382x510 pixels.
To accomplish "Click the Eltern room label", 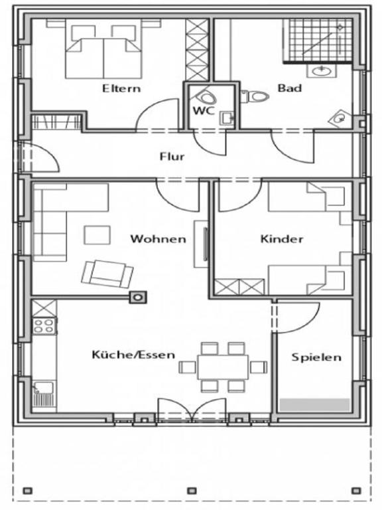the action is [121, 88].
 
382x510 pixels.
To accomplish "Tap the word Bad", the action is [290, 88].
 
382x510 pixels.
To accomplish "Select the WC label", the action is [204, 111].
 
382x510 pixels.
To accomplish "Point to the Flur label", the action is [172, 157].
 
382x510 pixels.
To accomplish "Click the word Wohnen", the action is [159, 239].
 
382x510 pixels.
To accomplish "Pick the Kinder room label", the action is [282, 239].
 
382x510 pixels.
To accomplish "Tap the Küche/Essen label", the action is [133, 354].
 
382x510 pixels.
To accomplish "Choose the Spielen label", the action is [316, 357].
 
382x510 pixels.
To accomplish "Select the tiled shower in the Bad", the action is [318, 41].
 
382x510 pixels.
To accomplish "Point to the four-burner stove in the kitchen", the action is [44, 325].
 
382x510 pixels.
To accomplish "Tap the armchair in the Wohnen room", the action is [107, 274].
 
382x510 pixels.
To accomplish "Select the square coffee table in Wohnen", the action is [97, 235].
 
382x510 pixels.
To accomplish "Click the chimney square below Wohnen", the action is [138, 297].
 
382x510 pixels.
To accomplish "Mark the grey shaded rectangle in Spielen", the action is [314, 404].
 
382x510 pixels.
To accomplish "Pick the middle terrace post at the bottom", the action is [192, 490].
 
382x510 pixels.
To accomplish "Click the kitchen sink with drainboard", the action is [44, 394].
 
